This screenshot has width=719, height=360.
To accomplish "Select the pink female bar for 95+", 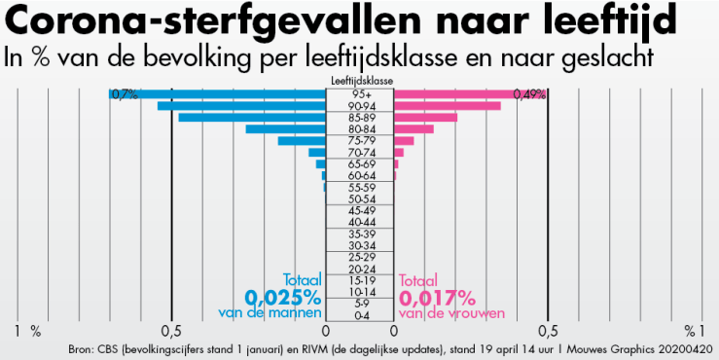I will pos(469,94).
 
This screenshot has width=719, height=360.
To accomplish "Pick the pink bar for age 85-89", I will pos(425,118).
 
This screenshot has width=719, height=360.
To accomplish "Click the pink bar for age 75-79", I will pos(404,141).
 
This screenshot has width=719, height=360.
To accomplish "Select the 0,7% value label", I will pos(124,94).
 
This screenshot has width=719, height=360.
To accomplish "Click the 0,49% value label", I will pos(529,94).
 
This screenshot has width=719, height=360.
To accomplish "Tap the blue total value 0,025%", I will pos(282,296).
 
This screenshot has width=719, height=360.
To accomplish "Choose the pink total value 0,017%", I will pos(438,296).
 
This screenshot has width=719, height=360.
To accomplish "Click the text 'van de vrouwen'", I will pos(450,312).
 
